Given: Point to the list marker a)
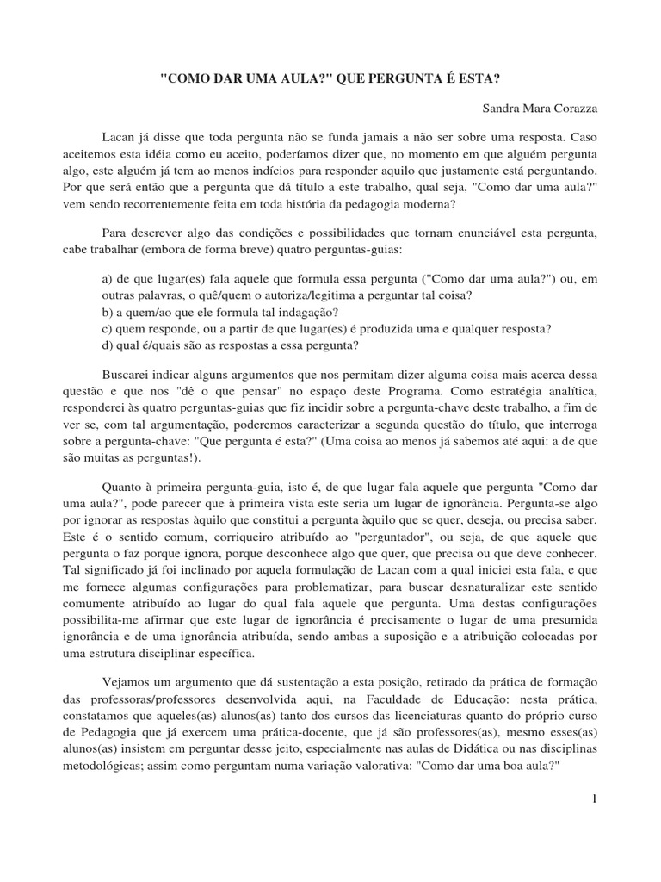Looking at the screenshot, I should tap(108, 279).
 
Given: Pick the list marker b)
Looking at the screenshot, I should tap(108, 312).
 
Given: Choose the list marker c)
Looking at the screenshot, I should tap(108, 328).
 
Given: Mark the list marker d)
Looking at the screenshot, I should tap(108, 345).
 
